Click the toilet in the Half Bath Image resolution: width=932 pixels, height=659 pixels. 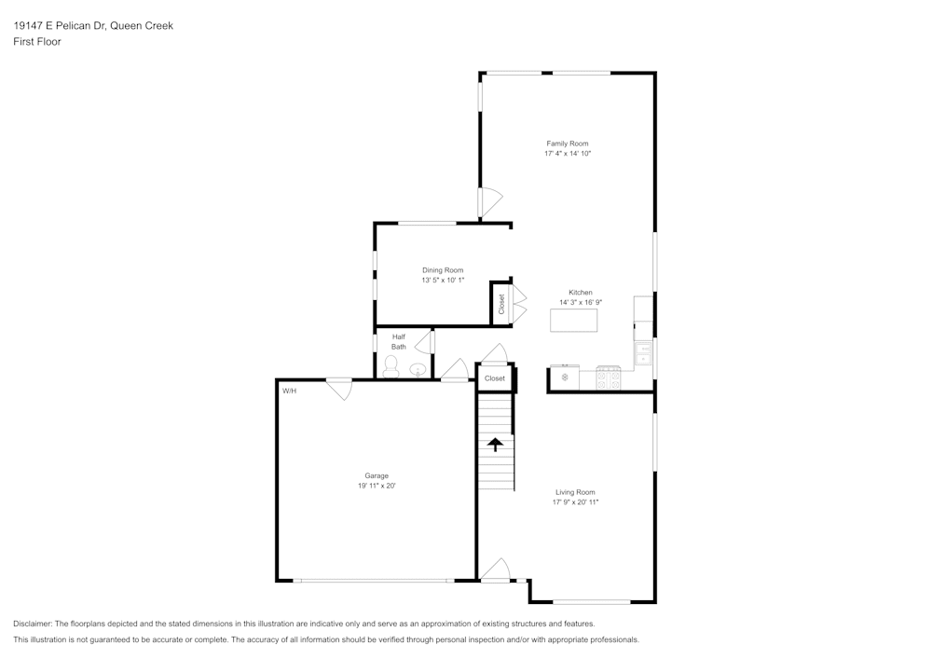point(391,370)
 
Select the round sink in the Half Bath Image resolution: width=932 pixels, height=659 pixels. point(418,369)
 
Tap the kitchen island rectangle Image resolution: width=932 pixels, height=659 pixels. point(573,320)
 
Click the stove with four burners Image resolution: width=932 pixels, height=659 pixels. point(609,378)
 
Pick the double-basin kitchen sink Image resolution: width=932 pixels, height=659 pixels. point(643,353)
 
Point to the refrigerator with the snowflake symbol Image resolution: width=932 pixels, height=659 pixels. point(564,378)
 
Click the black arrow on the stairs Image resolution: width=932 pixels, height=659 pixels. point(496,445)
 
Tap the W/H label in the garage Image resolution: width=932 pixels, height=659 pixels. point(289,391)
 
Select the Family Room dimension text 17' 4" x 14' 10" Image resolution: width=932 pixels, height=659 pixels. point(568,153)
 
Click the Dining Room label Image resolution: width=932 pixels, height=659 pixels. point(442,270)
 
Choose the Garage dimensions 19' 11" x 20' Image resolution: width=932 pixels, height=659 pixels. point(377,486)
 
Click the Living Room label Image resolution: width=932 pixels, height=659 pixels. point(574,492)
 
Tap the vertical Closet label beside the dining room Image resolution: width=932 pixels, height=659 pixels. point(501,304)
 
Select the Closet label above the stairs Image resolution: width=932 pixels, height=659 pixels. point(495,378)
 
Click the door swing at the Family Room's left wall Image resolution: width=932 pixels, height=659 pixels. point(490,202)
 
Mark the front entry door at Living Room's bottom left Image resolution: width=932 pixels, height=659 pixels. point(495,570)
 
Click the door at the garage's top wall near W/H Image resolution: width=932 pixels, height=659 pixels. point(338,389)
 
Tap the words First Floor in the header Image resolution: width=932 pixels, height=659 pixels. point(37,42)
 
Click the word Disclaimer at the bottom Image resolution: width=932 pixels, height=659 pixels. point(34,624)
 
